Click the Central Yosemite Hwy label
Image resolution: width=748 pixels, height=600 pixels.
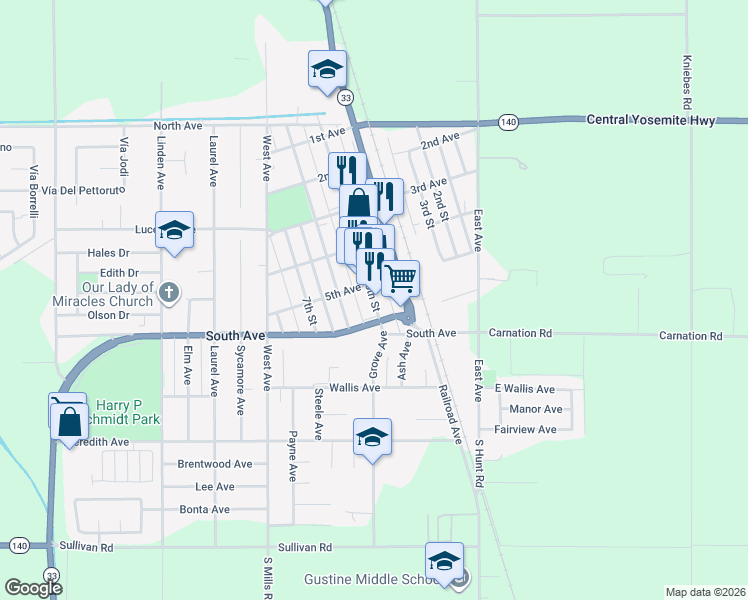(651, 120)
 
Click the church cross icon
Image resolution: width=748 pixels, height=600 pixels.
(169, 292)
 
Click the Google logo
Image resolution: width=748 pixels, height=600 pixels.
(33, 588)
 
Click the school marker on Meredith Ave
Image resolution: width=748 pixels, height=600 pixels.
(372, 436)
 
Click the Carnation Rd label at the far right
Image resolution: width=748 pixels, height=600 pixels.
(690, 336)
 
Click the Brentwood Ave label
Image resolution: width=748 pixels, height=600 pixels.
(214, 464)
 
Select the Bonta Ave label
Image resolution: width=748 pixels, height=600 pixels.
(204, 509)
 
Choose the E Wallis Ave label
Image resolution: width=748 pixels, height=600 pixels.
(524, 389)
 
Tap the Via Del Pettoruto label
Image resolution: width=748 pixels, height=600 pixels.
(74, 189)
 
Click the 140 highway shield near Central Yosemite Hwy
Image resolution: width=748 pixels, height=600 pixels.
(509, 122)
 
